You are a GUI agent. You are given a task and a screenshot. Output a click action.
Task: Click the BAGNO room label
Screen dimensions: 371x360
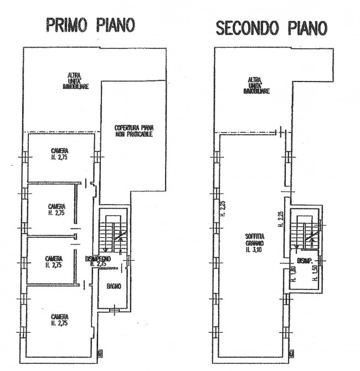113,287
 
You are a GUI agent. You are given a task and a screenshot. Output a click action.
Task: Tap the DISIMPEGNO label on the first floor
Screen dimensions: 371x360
99,259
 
